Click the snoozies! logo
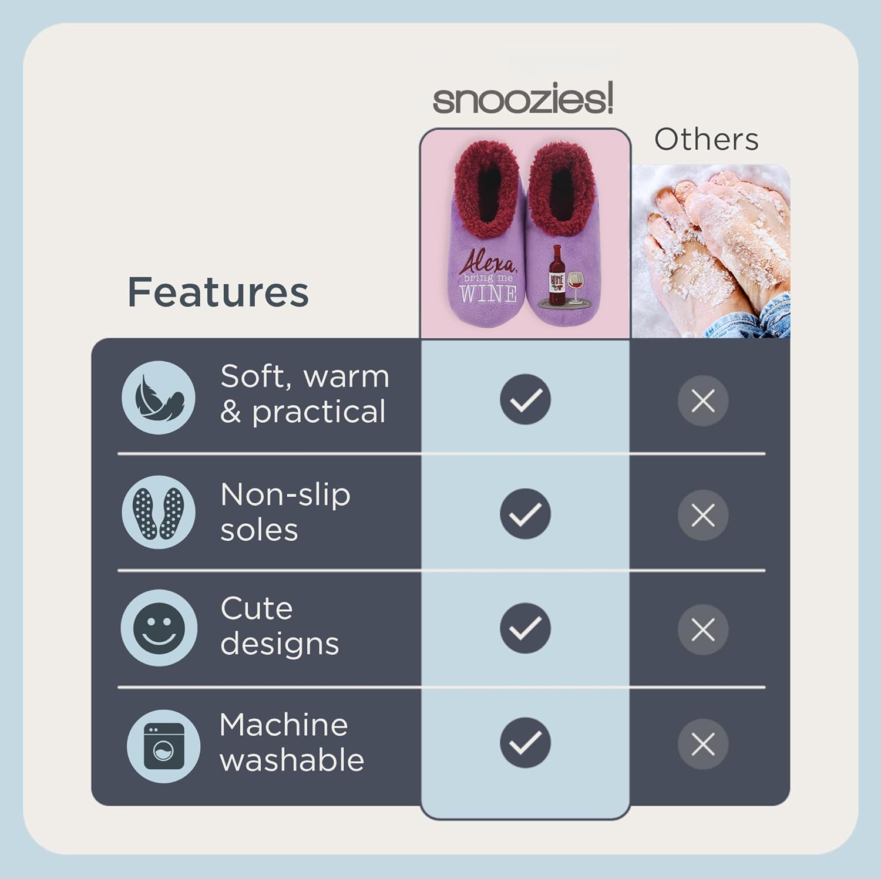pos(523,99)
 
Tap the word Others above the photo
pos(706,140)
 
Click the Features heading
pos(218,292)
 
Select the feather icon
pos(159,398)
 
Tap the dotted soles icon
pos(159,513)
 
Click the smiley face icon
pos(159,628)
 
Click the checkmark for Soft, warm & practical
pos(525,399)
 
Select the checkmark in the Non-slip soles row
pos(525,514)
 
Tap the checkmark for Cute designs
pos(525,628)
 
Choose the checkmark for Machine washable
pos(525,743)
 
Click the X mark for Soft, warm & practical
pos(703,401)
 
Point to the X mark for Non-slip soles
pos(703,516)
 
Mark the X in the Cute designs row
pos(703,630)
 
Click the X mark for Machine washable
pos(703,745)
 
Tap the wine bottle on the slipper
pos(556,276)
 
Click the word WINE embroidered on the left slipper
pos(488,294)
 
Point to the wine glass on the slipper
pos(575,285)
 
